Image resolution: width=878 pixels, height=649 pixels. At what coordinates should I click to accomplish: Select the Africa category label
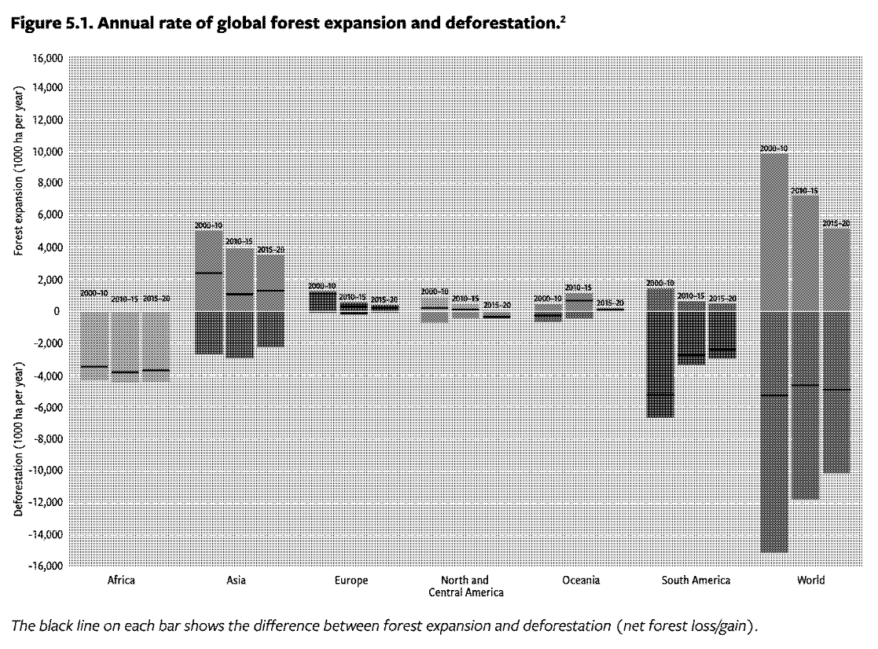coord(120,581)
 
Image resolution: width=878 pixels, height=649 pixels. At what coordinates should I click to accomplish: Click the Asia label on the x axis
coord(235,581)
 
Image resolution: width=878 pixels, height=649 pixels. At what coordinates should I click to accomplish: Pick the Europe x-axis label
coord(351,581)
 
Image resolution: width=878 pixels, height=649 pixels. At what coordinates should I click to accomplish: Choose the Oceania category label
coord(581,581)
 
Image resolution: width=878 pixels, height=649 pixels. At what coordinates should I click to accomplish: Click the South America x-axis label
coord(696,581)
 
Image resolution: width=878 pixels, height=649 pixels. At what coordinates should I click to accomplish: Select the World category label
coord(810,581)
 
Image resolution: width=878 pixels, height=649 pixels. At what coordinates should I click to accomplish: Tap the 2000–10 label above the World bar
coord(773,148)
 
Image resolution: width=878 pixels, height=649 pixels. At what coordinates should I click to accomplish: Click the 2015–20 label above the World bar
coord(836,224)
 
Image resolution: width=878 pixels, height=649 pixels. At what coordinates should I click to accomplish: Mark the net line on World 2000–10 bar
coord(774,395)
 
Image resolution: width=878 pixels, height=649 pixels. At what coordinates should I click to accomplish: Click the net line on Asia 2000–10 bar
coord(208,273)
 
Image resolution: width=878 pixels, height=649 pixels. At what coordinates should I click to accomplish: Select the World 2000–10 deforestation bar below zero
coord(774,471)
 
